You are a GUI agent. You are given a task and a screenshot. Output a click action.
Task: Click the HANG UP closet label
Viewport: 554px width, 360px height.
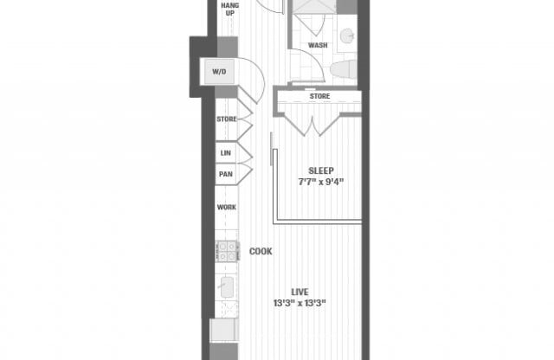229,10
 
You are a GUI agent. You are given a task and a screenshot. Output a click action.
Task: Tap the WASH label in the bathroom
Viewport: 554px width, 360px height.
317,44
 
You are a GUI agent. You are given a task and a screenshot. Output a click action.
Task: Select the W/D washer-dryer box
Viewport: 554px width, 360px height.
218,72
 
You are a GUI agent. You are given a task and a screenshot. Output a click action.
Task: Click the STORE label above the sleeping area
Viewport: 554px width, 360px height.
319,96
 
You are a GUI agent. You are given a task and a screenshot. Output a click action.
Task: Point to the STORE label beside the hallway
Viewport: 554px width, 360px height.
227,119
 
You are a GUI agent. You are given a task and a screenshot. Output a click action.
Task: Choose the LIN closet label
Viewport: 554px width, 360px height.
225,153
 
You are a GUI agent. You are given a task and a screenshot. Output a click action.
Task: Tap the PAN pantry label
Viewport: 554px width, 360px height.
225,174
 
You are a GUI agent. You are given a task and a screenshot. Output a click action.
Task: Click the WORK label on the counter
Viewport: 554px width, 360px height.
227,208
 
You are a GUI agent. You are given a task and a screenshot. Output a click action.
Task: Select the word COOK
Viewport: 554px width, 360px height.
261,252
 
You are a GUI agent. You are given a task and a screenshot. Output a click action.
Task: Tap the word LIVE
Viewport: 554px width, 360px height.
301,292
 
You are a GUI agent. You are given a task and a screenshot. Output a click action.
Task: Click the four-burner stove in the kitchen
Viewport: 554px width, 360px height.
227,251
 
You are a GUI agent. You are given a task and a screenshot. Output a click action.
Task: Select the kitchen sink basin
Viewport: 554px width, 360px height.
229,287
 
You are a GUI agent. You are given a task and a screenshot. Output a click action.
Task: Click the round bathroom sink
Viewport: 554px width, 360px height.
347,35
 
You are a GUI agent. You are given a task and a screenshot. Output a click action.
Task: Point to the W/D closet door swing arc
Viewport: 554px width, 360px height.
253,76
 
